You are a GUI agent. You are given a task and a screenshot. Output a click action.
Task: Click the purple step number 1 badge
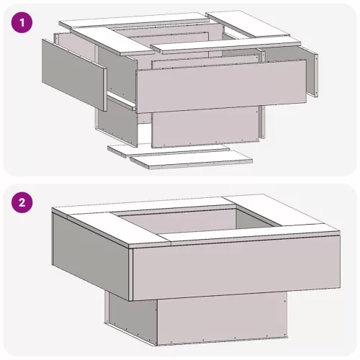coord(22,23)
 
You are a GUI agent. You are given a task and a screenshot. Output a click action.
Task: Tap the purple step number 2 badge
coord(22,202)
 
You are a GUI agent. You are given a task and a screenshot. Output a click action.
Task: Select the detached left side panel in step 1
coord(74,75)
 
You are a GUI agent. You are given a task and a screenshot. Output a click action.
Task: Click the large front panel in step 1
coord(221,86)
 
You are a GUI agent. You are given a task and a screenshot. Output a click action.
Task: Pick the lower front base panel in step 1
coord(206,127)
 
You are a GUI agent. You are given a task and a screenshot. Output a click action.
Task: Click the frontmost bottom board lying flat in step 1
coord(192,159)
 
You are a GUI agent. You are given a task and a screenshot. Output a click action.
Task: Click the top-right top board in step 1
coord(248,24)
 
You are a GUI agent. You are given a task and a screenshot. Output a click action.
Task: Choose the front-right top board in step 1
coord(226,45)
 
